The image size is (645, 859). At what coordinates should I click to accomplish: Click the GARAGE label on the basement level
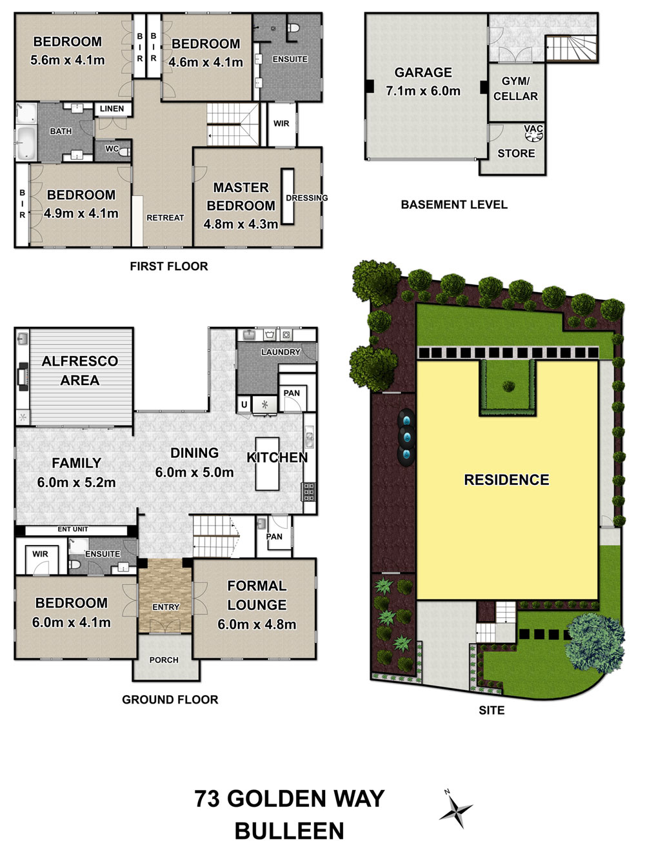point(422,72)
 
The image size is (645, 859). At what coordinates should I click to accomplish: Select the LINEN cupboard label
point(112,109)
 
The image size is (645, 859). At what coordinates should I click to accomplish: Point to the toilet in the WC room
point(124,152)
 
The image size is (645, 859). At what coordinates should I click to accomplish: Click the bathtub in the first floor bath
point(26,143)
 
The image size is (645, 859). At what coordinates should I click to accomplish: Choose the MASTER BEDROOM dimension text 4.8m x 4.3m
point(241,224)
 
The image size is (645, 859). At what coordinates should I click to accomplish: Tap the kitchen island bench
point(267,464)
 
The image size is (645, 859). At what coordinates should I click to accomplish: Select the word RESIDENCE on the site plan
point(506,480)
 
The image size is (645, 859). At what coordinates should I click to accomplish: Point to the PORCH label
point(164,660)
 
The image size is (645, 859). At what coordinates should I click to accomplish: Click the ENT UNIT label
point(73,529)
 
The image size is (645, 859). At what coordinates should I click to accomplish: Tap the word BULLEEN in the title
point(289,831)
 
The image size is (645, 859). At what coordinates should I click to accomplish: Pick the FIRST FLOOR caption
point(169,266)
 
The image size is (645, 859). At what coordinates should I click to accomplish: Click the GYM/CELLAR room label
point(515,88)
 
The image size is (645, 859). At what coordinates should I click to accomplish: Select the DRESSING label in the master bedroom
point(307,198)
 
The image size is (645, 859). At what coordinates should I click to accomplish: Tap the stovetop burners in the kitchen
point(308,492)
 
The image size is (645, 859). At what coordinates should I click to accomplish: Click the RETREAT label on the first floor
point(165,217)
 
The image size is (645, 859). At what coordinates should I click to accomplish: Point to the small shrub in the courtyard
point(508,387)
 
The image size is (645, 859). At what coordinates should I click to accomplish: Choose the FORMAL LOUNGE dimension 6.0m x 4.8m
point(257,624)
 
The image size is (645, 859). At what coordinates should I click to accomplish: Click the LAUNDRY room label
point(281,352)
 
